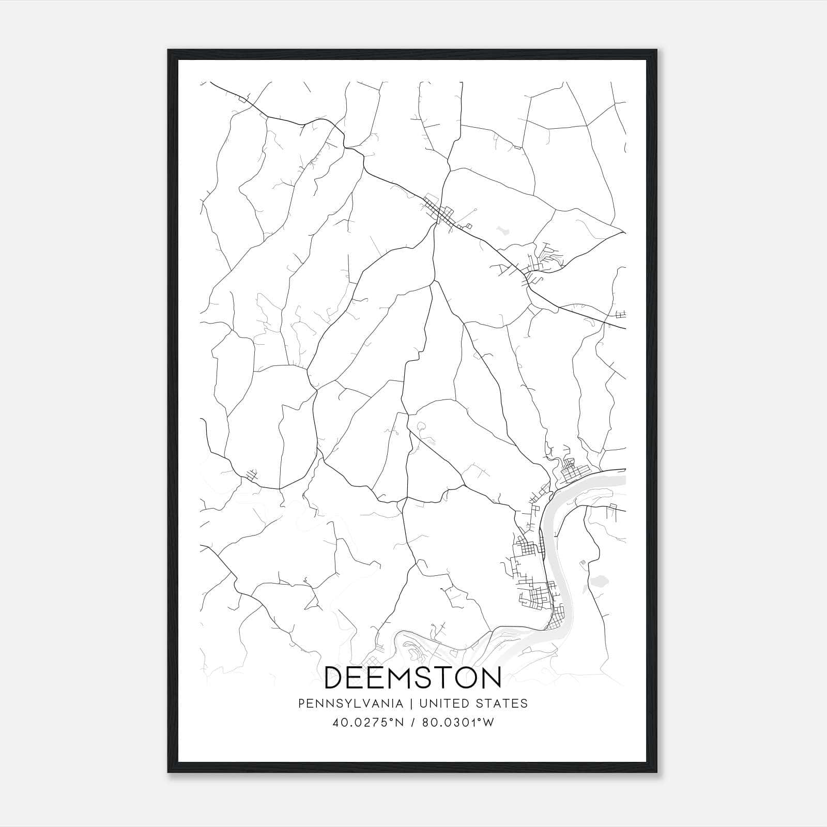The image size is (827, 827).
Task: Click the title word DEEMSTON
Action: [412, 677]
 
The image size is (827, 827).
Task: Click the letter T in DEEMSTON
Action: [449, 677]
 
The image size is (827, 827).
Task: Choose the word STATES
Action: [502, 703]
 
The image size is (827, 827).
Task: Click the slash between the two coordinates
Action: [412, 723]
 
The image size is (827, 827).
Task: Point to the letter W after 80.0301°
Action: [488, 723]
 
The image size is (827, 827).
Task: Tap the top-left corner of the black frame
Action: [169, 51]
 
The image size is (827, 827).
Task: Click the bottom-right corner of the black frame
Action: [657, 772]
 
